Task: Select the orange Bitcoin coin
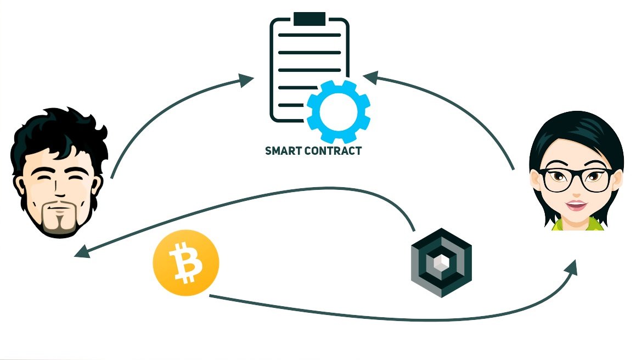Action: [186, 263]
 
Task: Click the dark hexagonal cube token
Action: [441, 262]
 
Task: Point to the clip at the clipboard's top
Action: [309, 19]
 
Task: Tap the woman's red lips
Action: [577, 204]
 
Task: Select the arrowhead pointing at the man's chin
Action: [82, 251]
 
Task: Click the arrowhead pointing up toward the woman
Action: [571, 268]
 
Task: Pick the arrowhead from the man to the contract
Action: [246, 80]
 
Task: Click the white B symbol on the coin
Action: [187, 262]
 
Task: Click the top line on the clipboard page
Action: [309, 35]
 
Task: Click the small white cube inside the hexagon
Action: [441, 262]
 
